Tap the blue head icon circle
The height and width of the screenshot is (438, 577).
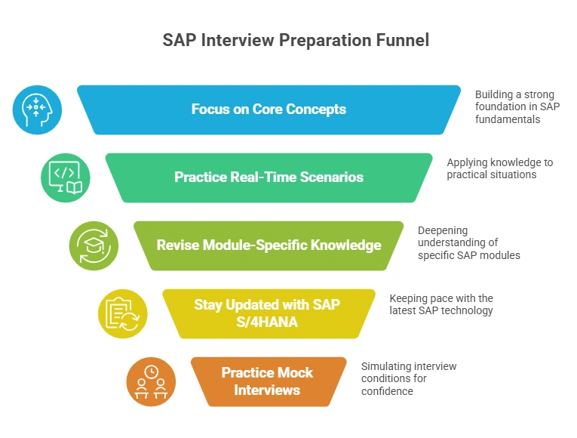coord(36,109)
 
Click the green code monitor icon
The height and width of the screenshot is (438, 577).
coord(65,177)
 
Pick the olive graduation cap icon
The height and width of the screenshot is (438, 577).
coord(94,245)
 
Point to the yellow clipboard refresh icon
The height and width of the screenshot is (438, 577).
coord(122,313)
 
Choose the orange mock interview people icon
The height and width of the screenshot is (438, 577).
coord(151,382)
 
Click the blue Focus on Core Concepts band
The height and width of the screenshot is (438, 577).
coord(269,109)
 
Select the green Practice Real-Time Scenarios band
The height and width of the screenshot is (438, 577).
coord(269,177)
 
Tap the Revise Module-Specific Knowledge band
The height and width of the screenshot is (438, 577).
coord(269,245)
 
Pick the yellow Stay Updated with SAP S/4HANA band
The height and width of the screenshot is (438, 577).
coord(269,313)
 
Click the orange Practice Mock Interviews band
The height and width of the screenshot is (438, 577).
coord(269,382)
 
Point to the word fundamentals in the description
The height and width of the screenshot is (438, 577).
coord(507,119)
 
